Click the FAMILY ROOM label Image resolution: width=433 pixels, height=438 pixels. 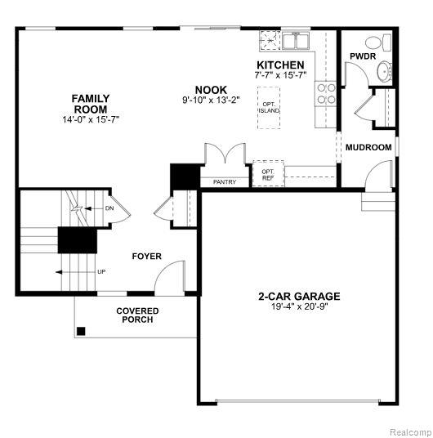click(x=91, y=104)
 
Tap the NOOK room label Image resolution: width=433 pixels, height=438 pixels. click(x=211, y=90)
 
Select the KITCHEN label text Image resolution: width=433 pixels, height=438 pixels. click(x=280, y=65)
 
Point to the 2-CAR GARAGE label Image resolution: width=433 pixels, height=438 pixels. click(x=299, y=296)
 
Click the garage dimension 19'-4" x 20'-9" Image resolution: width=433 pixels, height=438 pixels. click(x=299, y=306)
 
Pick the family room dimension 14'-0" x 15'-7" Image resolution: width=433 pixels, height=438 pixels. click(x=91, y=119)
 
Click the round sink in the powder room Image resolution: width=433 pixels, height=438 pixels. click(x=385, y=72)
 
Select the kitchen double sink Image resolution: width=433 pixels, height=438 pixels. click(x=295, y=41)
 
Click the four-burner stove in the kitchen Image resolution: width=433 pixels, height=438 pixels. click(x=326, y=94)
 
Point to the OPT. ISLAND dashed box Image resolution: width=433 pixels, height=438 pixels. click(x=269, y=108)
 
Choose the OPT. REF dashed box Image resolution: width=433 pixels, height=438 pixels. click(x=268, y=173)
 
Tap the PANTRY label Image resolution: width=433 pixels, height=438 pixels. click(x=225, y=182)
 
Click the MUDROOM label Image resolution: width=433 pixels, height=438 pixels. click(x=368, y=147)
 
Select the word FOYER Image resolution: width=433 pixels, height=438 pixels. click(x=147, y=256)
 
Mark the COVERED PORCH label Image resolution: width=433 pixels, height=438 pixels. click(x=137, y=315)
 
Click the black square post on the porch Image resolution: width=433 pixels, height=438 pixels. click(x=81, y=331)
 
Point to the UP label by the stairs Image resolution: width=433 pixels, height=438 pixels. click(x=101, y=271)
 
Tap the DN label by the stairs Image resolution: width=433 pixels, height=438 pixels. click(x=109, y=208)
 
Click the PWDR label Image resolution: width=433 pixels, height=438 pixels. click(x=363, y=56)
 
